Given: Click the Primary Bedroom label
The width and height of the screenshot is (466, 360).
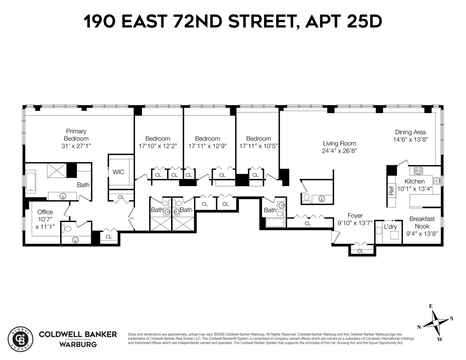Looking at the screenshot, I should coord(76,135).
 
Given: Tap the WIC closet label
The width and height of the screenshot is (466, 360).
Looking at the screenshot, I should coord(118,172).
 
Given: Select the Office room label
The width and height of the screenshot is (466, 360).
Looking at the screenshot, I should coord(45,212).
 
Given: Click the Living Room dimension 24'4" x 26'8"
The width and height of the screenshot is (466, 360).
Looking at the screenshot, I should coord(339,151).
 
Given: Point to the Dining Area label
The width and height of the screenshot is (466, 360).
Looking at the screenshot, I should coord(410,132).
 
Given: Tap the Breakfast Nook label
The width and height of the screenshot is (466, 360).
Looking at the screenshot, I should coord(422,222).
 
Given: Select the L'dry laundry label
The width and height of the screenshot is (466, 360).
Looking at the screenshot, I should coord(390,227).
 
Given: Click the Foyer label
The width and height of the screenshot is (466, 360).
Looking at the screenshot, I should coord(355,216).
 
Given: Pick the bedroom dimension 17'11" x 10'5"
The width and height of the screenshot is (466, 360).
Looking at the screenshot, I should coord(258,146).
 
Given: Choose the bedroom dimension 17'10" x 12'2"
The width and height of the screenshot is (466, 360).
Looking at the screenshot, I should coord(158,146).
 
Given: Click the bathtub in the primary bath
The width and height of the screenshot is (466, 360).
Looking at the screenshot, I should coord(30,182).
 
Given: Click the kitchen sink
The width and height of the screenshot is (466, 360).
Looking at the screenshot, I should coord(436,181).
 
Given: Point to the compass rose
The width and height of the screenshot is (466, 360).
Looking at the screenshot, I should coord(435,323).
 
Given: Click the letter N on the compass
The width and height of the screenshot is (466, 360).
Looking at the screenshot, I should coord(419,327).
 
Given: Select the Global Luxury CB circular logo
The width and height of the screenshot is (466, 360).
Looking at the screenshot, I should coord(20,339).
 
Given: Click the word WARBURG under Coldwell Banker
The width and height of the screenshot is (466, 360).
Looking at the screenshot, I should coord(78,345).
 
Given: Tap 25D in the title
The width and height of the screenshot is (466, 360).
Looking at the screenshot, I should coord(364,22).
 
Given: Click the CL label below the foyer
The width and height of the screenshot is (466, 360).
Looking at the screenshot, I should coord(360,251).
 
